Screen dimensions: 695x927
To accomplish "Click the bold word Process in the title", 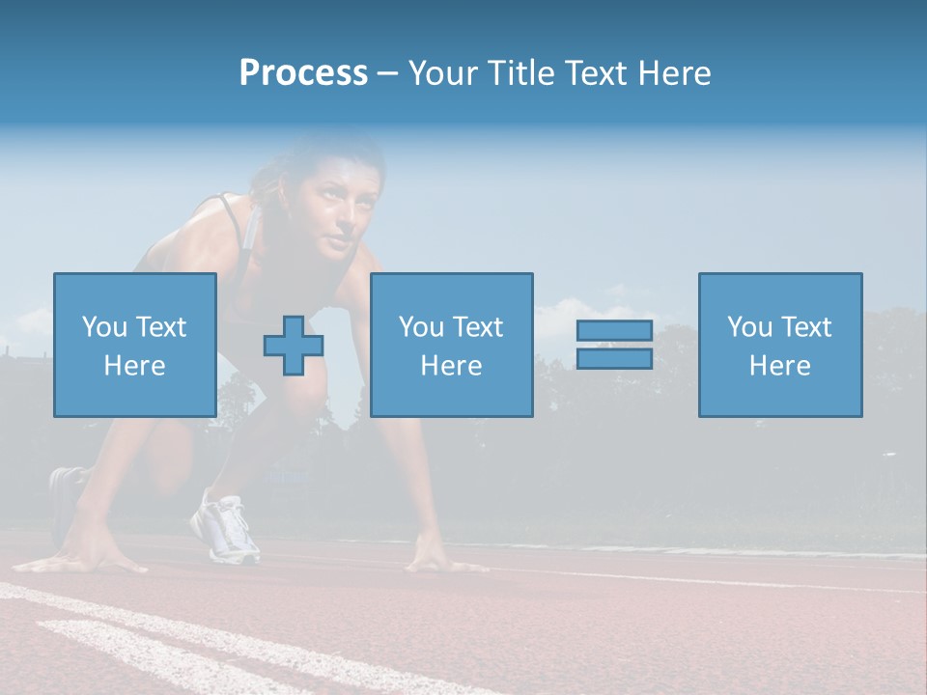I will click(303, 73).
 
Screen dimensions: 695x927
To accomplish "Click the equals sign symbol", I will click(614, 345).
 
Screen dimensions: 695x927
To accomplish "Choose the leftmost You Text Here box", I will click(134, 345).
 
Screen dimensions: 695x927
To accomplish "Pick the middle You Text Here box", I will click(451, 345).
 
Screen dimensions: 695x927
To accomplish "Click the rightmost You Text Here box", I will click(779, 345).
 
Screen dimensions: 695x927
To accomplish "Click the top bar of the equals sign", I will click(614, 331).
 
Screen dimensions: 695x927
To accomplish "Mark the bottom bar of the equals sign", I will click(614, 358).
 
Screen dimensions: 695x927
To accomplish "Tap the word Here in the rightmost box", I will click(779, 366).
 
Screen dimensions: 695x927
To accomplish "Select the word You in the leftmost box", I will click(102, 327).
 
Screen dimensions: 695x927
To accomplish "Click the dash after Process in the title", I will click(387, 73).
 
